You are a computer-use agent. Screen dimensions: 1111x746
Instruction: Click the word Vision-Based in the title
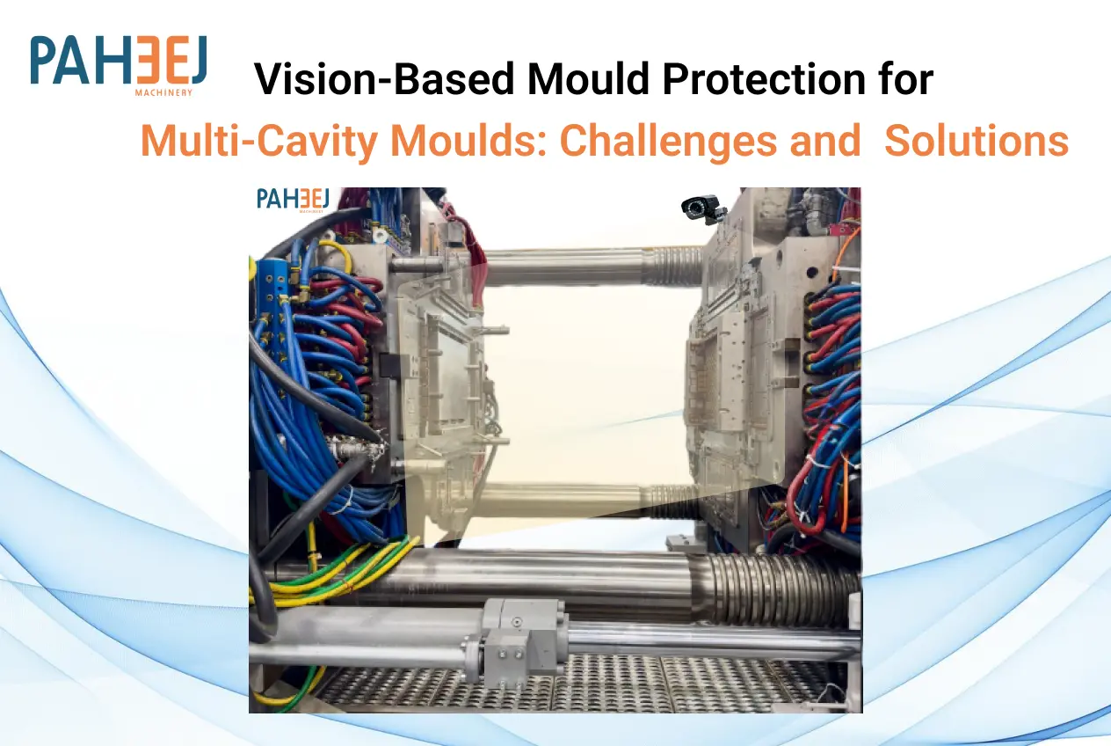point(385,79)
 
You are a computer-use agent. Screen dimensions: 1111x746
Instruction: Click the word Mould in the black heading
point(588,78)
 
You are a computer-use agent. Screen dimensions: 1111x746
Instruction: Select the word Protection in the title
point(764,79)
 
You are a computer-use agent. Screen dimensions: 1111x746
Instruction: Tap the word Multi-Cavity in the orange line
point(258,142)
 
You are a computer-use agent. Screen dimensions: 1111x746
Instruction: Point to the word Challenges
point(668,142)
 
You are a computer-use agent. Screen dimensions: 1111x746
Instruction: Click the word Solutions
point(977,141)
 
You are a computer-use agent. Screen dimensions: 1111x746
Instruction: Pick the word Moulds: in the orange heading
point(468,141)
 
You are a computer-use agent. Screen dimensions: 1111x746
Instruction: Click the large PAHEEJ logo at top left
point(118,64)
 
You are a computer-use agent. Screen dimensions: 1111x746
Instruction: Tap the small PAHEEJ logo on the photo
point(293,200)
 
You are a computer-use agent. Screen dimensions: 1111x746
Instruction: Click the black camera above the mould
point(703,208)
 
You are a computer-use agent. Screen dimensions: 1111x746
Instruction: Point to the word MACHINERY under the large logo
point(163,93)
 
